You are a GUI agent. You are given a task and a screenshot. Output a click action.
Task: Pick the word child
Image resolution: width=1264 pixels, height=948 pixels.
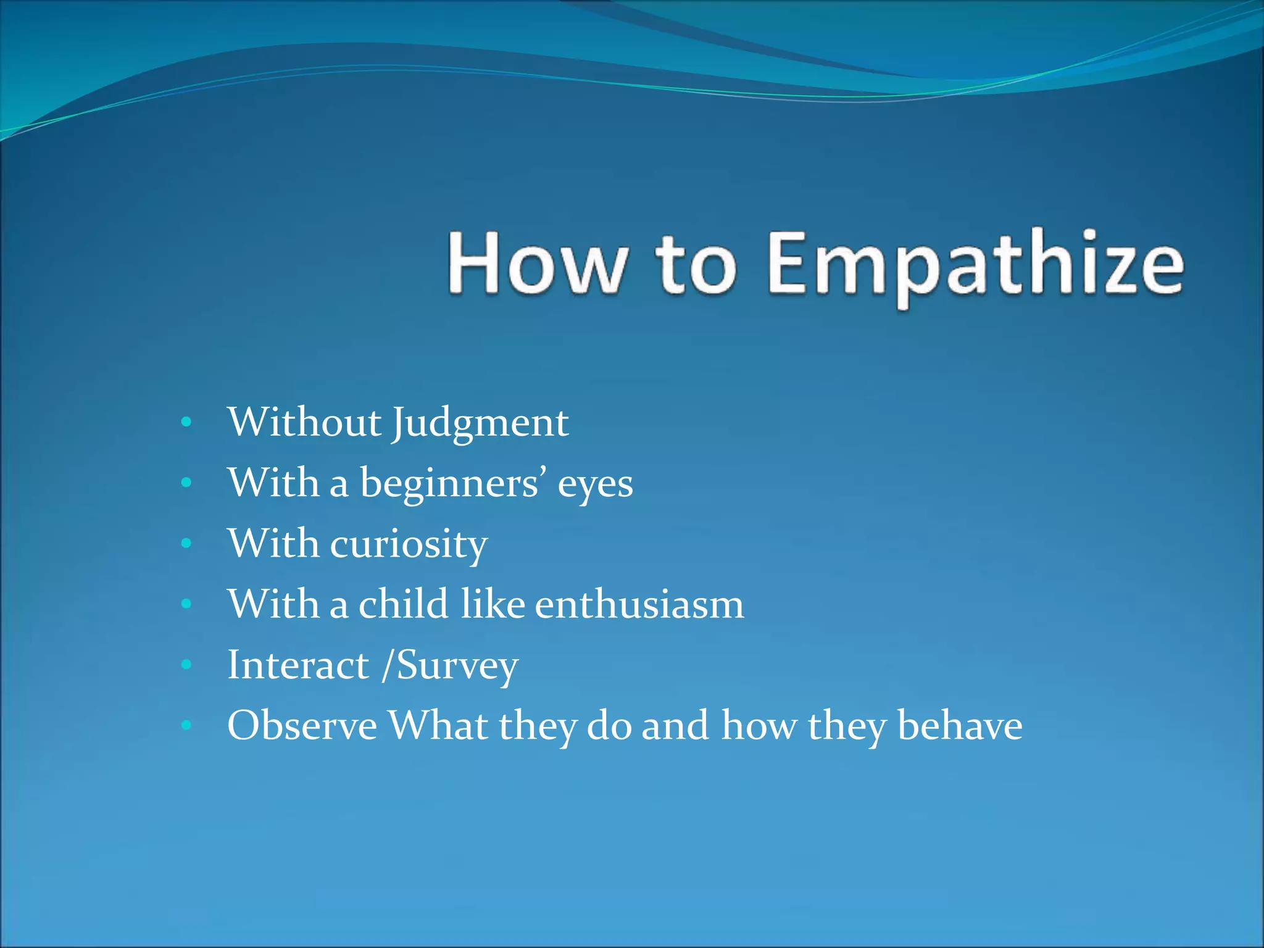(403, 604)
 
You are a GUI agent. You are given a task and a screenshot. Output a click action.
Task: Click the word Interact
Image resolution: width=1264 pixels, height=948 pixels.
(298, 665)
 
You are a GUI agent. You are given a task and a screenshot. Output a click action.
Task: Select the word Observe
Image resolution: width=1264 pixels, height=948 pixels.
(302, 726)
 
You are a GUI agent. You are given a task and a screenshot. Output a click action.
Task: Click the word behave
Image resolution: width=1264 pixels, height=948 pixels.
(960, 726)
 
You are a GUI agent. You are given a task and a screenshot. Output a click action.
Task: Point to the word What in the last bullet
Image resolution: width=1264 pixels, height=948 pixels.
(438, 726)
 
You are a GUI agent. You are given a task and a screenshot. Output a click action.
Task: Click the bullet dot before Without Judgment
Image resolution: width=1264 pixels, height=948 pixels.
(186, 423)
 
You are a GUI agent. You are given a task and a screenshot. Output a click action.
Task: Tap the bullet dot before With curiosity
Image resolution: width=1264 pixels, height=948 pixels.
(186, 544)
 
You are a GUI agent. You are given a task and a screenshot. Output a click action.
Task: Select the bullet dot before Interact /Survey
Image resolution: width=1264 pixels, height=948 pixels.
(186, 665)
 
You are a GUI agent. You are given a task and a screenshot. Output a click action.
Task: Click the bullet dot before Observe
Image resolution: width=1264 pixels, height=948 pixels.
(186, 726)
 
